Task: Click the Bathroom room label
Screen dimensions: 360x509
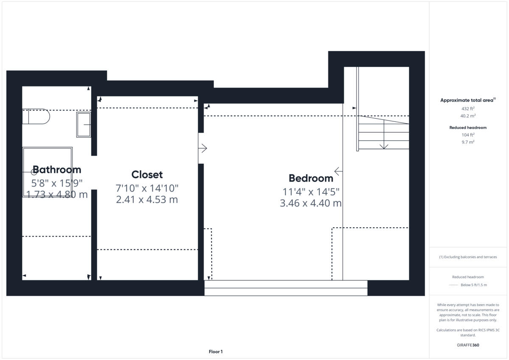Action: click(x=57, y=170)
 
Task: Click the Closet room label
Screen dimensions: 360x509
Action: click(x=147, y=175)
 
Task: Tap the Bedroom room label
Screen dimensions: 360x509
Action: click(x=311, y=178)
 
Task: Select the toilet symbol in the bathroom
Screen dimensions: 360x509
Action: click(x=36, y=116)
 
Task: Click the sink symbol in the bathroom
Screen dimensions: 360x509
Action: click(x=84, y=125)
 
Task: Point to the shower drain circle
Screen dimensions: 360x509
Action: click(x=34, y=172)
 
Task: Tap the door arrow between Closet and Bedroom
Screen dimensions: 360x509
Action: click(x=203, y=148)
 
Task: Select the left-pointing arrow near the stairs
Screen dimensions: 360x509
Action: click(x=338, y=171)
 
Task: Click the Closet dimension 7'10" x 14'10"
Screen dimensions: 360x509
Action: click(x=147, y=188)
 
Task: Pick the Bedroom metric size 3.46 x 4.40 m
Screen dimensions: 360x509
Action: click(x=310, y=204)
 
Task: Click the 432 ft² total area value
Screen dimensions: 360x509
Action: click(x=468, y=109)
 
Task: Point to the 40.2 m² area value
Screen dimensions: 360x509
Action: click(x=468, y=116)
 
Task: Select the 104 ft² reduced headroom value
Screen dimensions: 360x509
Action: click(x=468, y=135)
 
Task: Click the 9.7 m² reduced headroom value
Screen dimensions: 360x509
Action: click(x=468, y=142)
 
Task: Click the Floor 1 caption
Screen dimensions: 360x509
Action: click(x=215, y=352)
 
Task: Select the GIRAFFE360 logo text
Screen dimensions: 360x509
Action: click(x=468, y=345)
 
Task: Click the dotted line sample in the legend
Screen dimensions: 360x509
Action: click(x=453, y=285)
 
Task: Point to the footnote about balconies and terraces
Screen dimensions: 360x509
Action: click(x=468, y=257)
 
